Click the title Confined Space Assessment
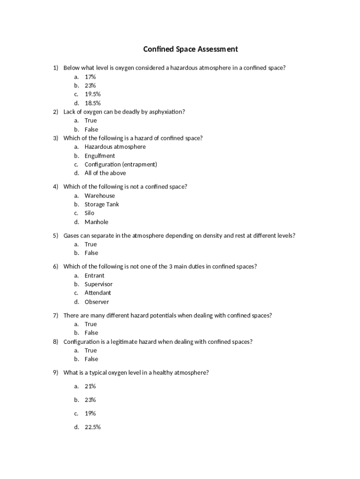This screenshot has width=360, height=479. click(190, 49)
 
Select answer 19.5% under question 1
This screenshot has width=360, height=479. click(93, 94)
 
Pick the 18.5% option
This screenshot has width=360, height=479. click(93, 103)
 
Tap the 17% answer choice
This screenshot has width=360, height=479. click(90, 77)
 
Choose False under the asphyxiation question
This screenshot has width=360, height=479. click(91, 130)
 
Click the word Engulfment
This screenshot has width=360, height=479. click(100, 156)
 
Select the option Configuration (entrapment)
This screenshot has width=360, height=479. click(121, 165)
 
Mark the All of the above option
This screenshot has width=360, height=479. click(105, 173)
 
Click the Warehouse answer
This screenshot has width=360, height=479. click(100, 196)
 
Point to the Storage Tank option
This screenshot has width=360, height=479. click(101, 204)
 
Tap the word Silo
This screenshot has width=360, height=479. click(89, 213)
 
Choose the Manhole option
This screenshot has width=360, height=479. click(96, 222)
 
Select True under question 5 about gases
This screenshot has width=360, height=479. click(91, 244)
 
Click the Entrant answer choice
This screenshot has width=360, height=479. click(94, 276)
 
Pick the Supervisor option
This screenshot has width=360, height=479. click(98, 284)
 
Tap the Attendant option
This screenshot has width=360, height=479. click(98, 293)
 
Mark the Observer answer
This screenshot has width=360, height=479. click(97, 302)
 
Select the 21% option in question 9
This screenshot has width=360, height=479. click(90, 386)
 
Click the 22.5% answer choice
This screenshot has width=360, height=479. click(93, 427)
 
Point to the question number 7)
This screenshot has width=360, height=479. click(55, 315)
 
